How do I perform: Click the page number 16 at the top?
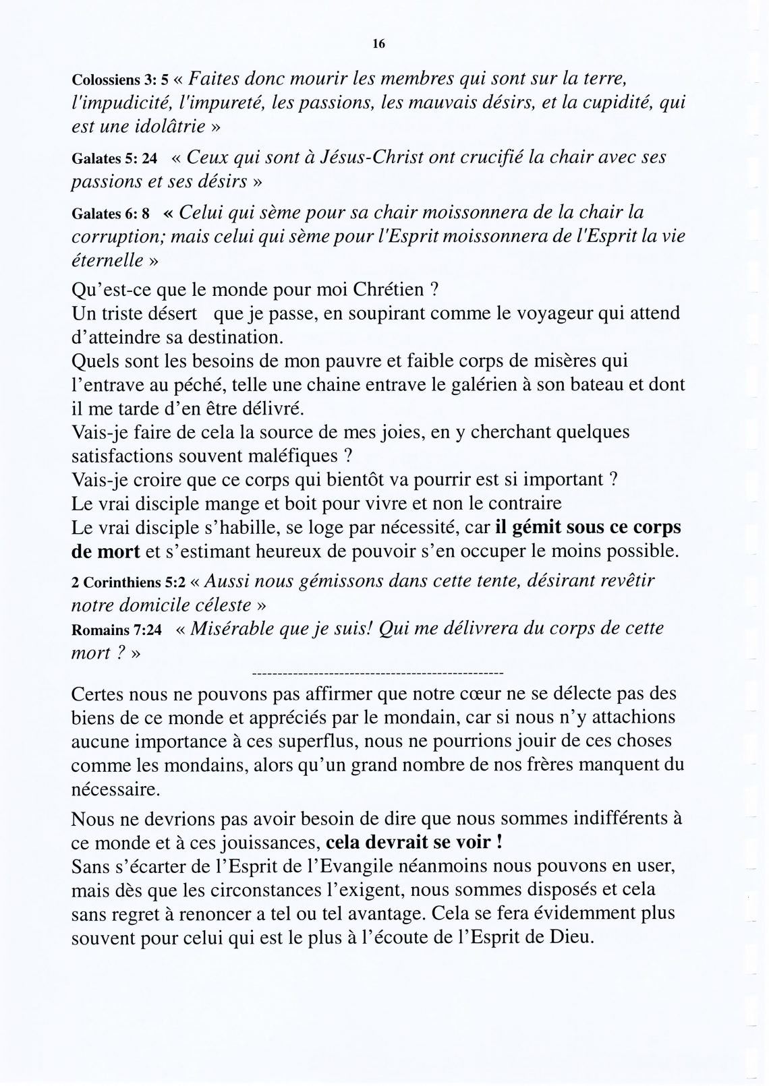378,44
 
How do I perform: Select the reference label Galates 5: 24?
114,159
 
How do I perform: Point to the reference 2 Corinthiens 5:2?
128,582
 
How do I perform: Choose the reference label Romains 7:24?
117,630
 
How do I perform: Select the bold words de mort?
105,551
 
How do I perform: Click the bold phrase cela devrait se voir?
413,843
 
